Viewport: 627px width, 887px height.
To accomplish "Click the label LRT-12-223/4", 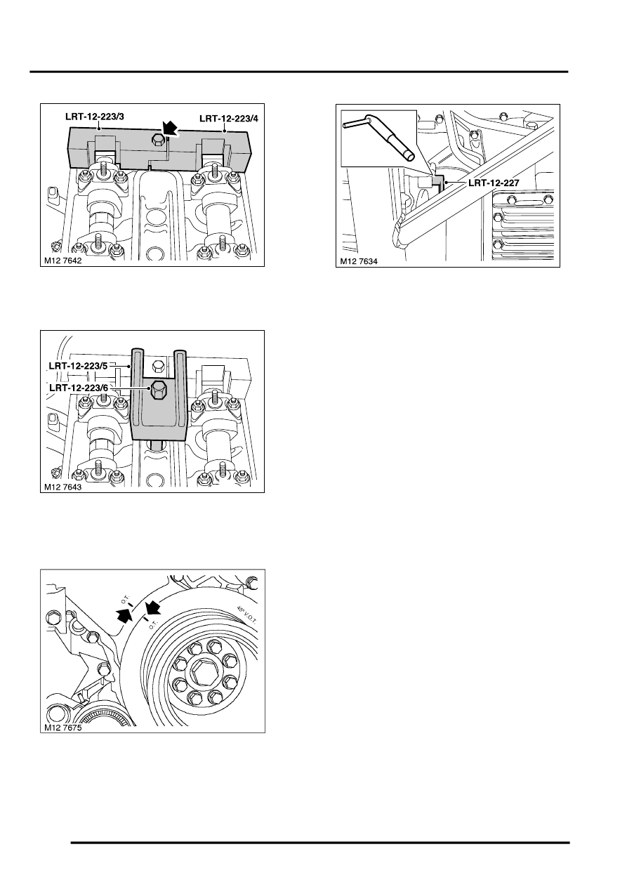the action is (228, 119).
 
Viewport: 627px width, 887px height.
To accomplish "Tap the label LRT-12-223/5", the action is (79, 366).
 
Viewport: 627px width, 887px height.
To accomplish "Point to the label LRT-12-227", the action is (493, 183).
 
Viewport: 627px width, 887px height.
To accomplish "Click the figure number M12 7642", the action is (63, 261).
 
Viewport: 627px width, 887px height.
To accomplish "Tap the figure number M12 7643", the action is (63, 487).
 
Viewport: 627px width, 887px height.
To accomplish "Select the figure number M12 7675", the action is (63, 728).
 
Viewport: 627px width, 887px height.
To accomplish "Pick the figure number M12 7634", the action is (359, 261).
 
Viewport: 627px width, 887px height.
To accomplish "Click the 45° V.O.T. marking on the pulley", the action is (246, 615).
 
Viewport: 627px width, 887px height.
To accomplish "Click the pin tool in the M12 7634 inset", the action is (378, 138).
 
